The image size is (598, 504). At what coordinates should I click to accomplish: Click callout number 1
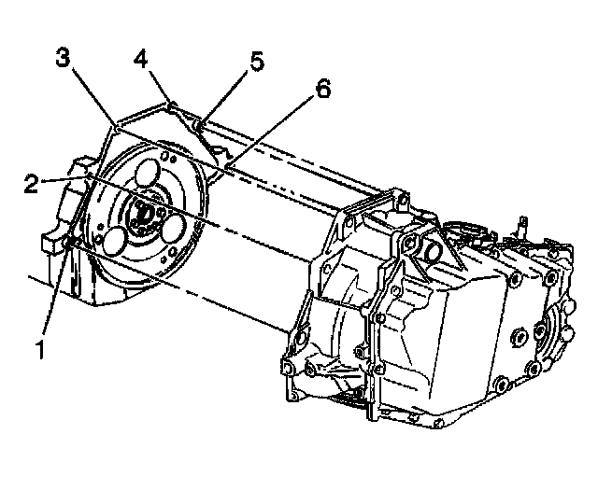tap(41, 353)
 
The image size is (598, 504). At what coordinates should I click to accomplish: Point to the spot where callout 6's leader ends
tap(226, 168)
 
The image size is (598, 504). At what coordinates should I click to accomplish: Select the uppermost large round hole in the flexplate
tap(148, 175)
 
